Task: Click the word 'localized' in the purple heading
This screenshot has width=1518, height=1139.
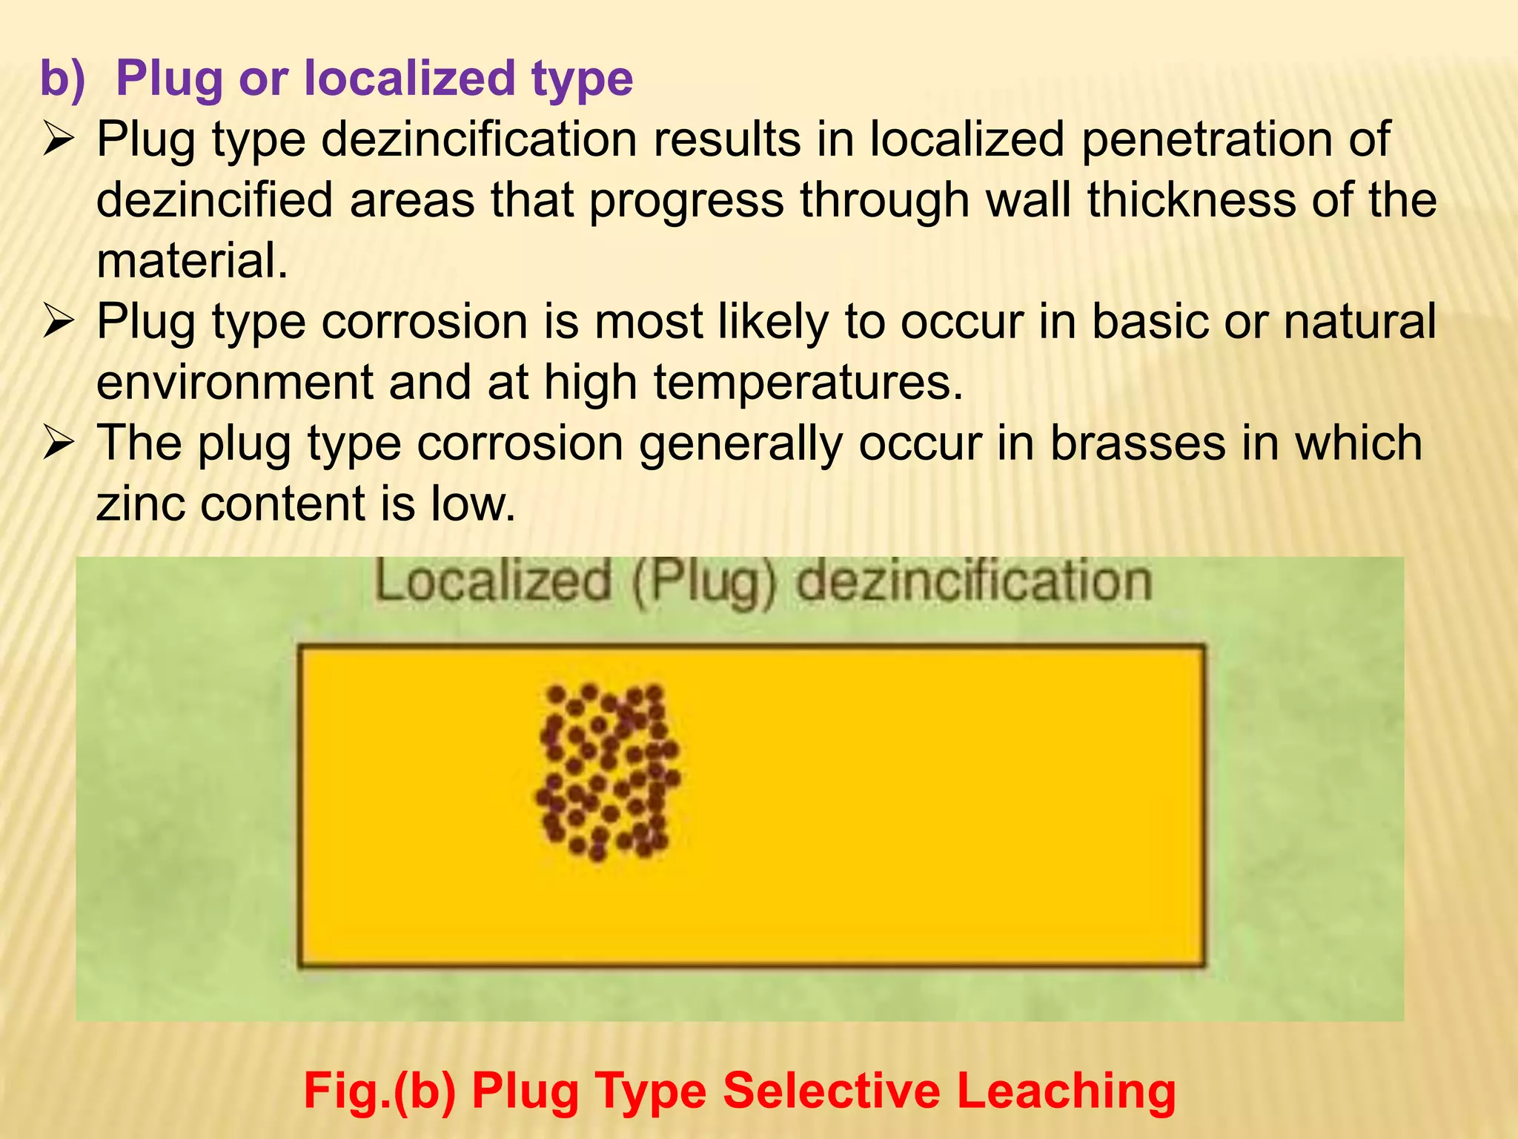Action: [410, 78]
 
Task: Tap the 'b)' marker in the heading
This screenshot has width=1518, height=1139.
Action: [62, 78]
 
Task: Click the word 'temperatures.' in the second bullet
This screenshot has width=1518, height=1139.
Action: [808, 382]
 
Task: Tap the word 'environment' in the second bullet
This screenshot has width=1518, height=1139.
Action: [235, 382]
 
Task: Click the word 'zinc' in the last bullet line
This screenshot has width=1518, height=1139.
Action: [140, 504]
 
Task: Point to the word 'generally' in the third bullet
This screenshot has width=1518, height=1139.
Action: [740, 443]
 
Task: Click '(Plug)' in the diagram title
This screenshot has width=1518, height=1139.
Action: [703, 584]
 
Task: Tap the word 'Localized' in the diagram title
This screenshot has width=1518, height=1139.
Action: [492, 582]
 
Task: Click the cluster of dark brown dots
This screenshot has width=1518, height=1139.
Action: [608, 771]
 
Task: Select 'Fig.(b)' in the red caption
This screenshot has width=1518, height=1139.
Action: [379, 1091]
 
